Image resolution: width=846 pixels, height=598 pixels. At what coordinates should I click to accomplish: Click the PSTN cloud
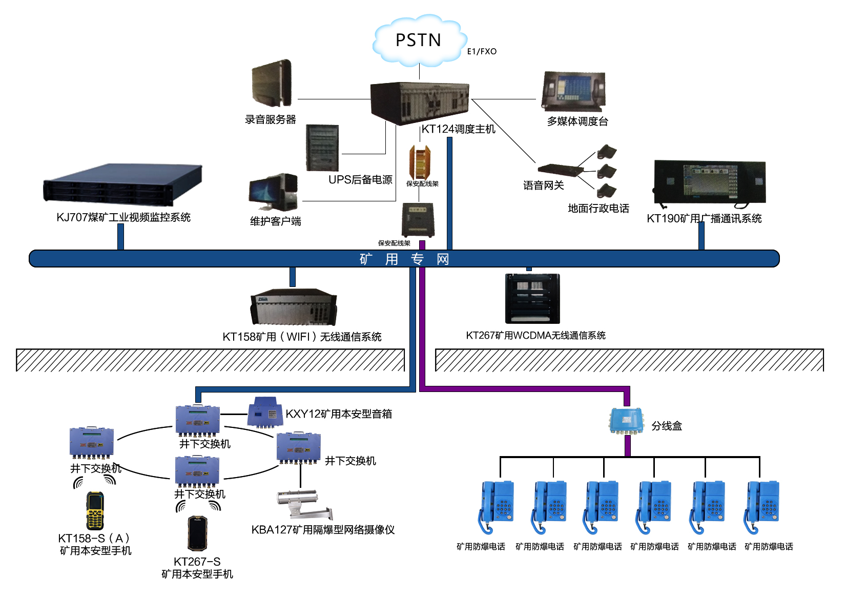419,40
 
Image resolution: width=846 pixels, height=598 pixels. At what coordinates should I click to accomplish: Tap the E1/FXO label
481,51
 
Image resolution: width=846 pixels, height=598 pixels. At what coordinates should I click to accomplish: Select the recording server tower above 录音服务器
272,84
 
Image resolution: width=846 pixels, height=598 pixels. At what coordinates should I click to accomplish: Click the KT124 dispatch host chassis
419,102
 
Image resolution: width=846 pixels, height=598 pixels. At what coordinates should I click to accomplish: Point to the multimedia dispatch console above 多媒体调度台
574,92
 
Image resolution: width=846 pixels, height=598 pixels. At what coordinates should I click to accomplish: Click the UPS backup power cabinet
322,148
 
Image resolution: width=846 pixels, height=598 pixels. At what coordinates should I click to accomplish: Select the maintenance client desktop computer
273,192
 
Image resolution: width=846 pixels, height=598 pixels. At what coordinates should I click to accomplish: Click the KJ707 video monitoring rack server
123,185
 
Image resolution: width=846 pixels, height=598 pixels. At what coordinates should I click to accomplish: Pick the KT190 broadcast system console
709,182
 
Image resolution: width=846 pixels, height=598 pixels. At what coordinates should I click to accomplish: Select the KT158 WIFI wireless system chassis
294,307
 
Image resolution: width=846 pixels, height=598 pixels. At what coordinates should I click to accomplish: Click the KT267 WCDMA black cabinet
532,298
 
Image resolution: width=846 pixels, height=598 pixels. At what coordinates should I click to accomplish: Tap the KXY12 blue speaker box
265,412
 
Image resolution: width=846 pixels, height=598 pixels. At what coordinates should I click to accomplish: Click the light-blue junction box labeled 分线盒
626,421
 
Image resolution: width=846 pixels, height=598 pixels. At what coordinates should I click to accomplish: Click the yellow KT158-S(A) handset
95,510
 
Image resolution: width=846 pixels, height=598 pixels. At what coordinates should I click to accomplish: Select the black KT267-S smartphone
198,533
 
